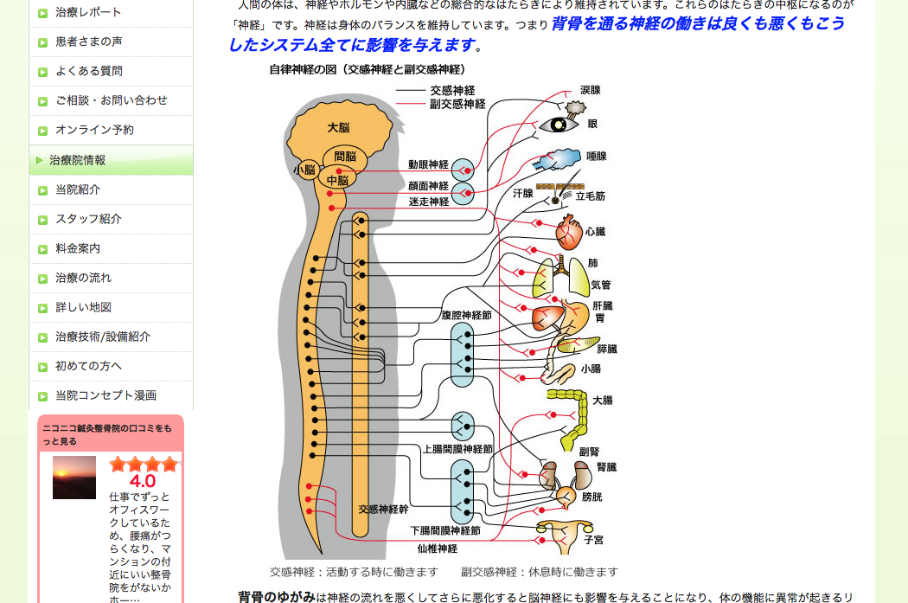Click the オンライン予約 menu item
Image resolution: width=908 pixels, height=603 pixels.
[x=94, y=130]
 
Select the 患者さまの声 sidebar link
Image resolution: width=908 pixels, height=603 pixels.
[x=88, y=42]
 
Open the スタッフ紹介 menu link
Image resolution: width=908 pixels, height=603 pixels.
[x=88, y=219]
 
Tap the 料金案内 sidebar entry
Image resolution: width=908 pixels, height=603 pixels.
[x=78, y=248]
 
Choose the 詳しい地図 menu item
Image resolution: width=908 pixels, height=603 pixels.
[x=83, y=307]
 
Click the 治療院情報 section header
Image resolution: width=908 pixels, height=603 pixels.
[x=78, y=160]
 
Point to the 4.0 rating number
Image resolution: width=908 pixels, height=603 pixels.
[x=143, y=481]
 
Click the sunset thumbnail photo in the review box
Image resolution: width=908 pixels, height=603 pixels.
[x=74, y=478]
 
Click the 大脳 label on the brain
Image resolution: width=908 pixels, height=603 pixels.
[x=338, y=127]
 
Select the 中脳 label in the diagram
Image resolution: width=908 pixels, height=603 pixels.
[x=337, y=180]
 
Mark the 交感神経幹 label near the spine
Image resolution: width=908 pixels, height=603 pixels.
[x=383, y=509]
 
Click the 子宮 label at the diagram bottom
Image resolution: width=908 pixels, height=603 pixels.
[x=593, y=539]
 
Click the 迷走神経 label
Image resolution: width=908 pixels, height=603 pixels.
[x=429, y=202]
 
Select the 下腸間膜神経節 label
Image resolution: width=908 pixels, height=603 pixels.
[x=445, y=530]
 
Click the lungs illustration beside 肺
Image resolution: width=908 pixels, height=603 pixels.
[x=559, y=276]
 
